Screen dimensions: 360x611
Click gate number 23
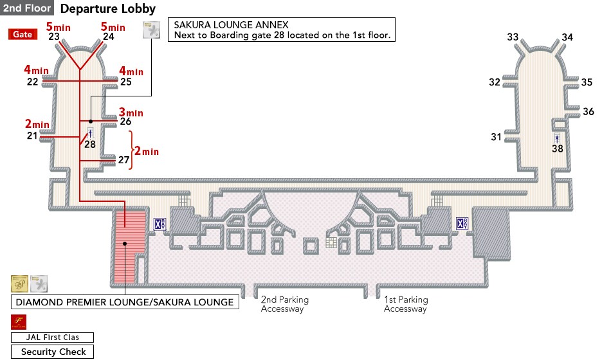pos(54,37)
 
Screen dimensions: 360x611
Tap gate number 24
pos(109,37)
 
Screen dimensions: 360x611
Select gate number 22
pos(33,82)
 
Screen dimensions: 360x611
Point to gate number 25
pos(126,82)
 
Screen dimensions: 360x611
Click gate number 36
pos(588,112)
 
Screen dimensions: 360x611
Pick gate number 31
pos(496,137)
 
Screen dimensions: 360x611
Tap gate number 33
pos(513,37)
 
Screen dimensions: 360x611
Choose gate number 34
pos(567,37)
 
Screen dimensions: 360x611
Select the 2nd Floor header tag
pos(27,8)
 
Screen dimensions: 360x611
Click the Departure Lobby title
pos(108,9)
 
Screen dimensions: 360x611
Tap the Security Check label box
pos(53,352)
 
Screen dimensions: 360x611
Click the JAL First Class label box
pos(53,337)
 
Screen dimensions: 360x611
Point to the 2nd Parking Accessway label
pos(285,304)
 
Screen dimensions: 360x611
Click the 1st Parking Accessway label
pos(406,304)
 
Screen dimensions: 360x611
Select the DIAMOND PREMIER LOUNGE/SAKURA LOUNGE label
pos(124,301)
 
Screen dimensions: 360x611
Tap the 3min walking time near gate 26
pos(131,113)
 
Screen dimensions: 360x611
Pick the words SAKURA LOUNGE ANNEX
pos(214,25)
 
